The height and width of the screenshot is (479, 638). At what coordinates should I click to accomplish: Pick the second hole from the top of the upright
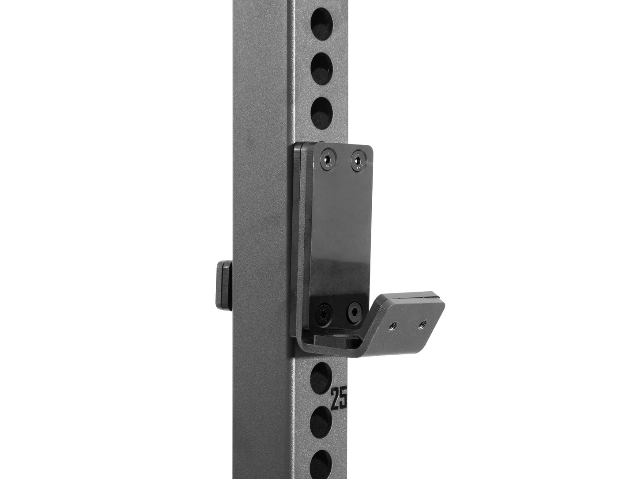pos(321,66)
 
